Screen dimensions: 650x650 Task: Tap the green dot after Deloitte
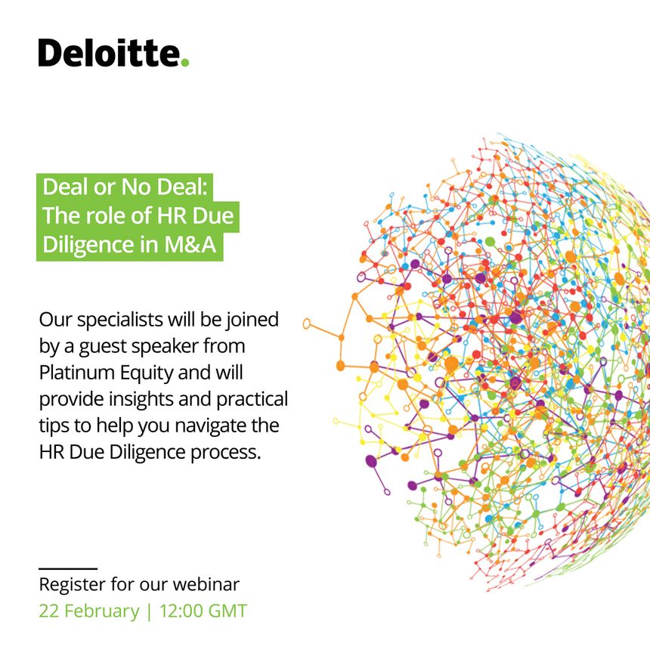pos(185,62)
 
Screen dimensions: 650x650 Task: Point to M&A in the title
pos(190,244)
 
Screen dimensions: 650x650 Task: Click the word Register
pos(72,585)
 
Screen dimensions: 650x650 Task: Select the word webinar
pos(206,584)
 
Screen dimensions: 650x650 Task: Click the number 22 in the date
pos(49,611)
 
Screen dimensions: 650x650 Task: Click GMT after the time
pos(227,611)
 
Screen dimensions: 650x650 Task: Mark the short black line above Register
pos(68,568)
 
